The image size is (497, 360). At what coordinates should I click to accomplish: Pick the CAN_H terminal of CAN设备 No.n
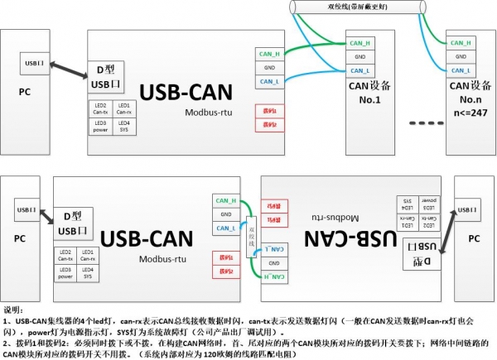click(460, 43)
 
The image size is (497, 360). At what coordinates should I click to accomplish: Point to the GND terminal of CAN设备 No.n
click(460, 57)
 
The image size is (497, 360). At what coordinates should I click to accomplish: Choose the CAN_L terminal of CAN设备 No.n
click(460, 70)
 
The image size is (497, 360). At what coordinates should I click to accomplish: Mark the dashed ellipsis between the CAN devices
click(427, 122)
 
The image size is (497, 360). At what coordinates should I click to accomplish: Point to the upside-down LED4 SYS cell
click(408, 200)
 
